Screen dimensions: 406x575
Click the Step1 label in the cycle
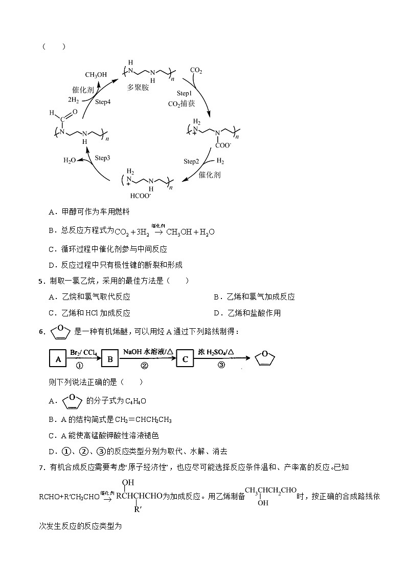(x=184, y=93)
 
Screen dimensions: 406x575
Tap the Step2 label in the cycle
(x=191, y=161)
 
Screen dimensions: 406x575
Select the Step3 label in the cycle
(x=102, y=158)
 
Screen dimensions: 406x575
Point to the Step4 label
(x=102, y=102)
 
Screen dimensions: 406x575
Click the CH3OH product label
(x=96, y=75)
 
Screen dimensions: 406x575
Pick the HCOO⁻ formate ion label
(x=140, y=196)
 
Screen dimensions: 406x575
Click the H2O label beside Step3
(x=70, y=160)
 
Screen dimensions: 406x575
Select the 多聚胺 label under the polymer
(x=138, y=88)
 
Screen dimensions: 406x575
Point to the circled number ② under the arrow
(x=144, y=366)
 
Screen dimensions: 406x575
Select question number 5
(x=40, y=281)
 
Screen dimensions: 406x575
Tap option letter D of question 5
(x=217, y=313)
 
